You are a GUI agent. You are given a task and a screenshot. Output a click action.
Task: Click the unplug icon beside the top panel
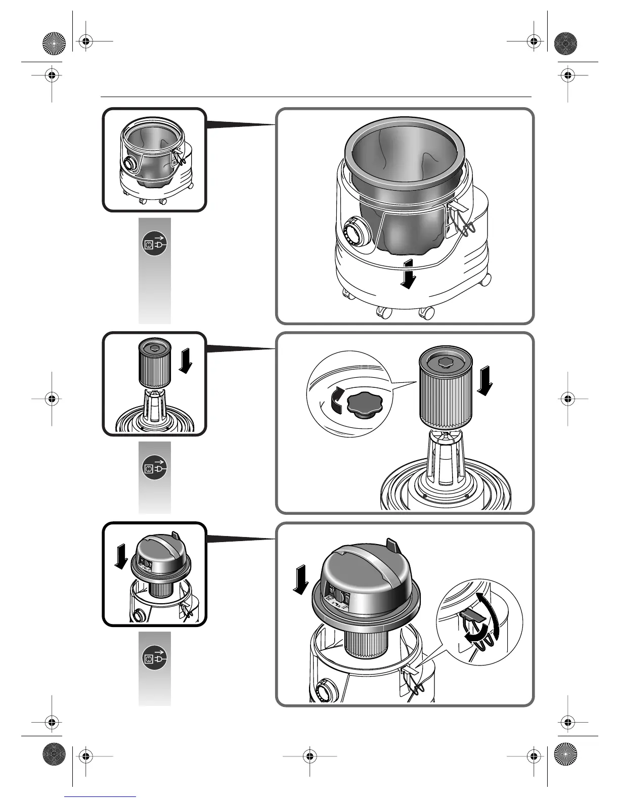click(x=154, y=244)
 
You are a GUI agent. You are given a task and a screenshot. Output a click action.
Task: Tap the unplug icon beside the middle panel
click(x=154, y=468)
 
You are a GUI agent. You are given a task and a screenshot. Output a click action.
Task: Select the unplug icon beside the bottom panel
click(x=154, y=658)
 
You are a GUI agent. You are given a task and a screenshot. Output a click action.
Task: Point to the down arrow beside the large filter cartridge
click(x=485, y=382)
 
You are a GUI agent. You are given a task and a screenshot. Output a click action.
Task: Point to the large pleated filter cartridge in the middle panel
click(x=445, y=392)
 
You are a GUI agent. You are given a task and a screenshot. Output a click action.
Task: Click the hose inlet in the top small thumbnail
click(x=129, y=165)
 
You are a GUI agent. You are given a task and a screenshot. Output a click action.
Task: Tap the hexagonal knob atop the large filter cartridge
click(x=445, y=363)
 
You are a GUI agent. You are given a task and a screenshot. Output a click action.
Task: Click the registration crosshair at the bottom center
click(x=309, y=757)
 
